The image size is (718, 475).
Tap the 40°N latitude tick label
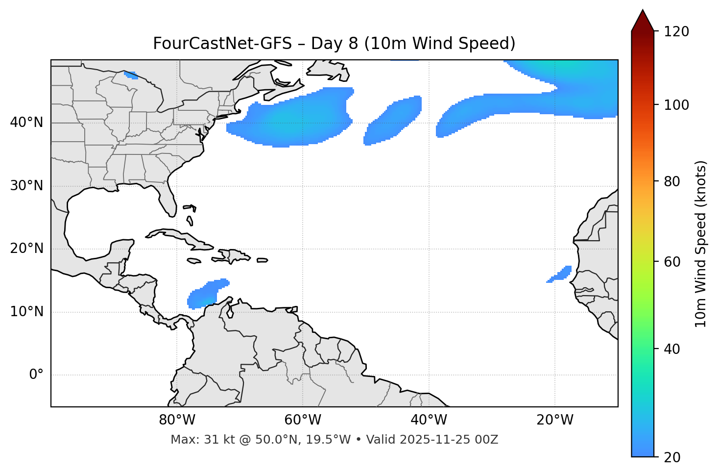(x=26, y=123)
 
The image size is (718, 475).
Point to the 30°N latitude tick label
(x=26, y=186)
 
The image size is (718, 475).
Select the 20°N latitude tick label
(x=26, y=249)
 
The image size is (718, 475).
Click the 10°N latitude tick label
(x=26, y=312)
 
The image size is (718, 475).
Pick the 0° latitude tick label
(x=36, y=375)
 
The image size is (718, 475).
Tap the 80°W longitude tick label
(x=177, y=420)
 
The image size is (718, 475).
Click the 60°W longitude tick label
(x=303, y=420)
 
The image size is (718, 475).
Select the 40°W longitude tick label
(x=429, y=420)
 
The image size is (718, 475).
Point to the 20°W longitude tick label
(x=554, y=420)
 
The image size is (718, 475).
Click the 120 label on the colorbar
(x=676, y=31)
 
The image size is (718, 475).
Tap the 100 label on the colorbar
(x=676, y=105)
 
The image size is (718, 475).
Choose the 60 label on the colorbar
(x=672, y=262)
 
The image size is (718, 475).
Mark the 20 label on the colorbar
(x=672, y=457)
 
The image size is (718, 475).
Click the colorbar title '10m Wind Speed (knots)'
(x=701, y=244)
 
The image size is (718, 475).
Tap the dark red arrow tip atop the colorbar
(x=643, y=20)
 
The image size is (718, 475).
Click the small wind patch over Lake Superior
(x=131, y=75)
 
